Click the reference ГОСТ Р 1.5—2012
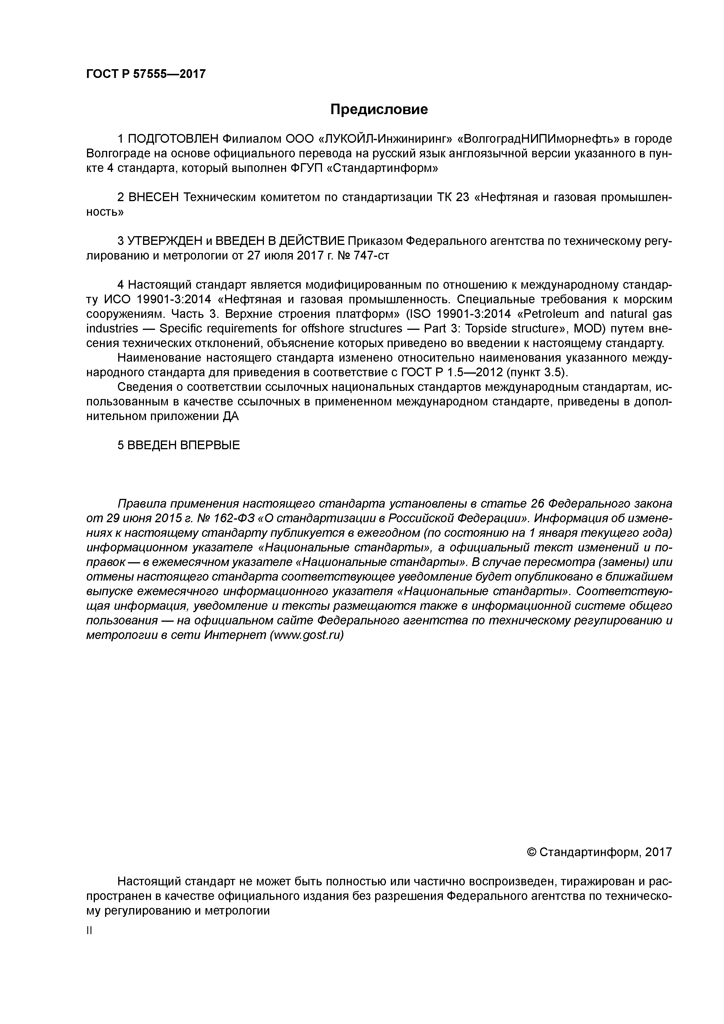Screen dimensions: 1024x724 455,372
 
